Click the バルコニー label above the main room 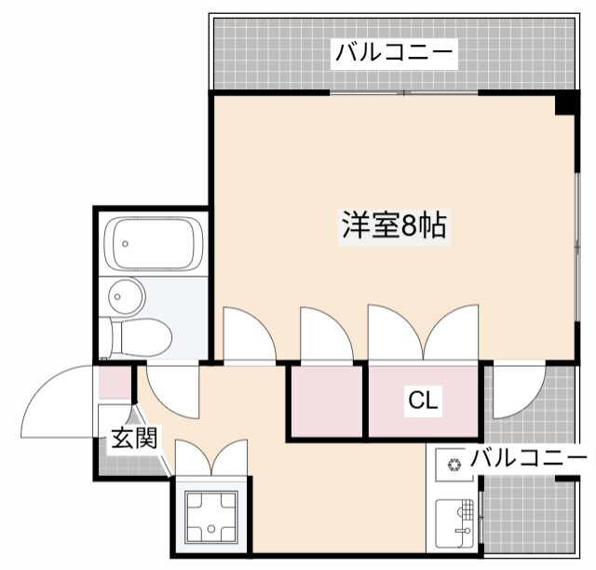tap(395, 52)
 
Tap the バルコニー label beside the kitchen tap(527, 458)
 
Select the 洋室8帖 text tap(392, 225)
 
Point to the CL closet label tap(424, 401)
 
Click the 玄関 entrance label tap(133, 437)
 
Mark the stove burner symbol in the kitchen tap(454, 464)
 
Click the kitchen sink tap(456, 526)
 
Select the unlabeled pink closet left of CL tap(325, 401)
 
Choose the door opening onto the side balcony tap(518, 389)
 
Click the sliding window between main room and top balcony tap(404, 93)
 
